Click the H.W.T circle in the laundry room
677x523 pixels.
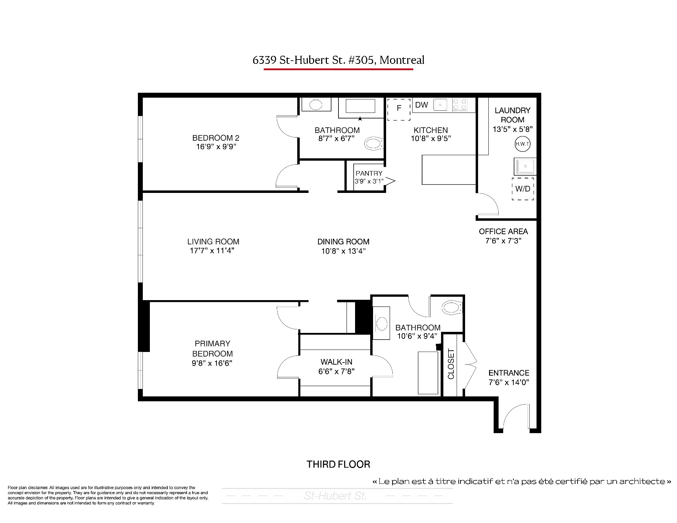tap(523, 144)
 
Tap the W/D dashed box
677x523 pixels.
tap(523, 189)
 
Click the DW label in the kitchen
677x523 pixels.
tap(421, 105)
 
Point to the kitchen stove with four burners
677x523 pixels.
tap(460, 105)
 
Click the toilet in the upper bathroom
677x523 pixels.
tap(373, 144)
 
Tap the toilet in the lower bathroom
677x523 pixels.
tap(452, 307)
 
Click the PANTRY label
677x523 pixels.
tap(369, 173)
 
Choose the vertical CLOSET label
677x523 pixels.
tap(451, 364)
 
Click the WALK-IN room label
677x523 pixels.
tap(336, 362)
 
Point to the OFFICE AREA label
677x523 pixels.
tap(503, 232)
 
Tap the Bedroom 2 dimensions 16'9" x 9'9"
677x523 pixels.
tap(216, 147)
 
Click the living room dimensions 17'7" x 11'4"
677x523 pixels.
tap(212, 251)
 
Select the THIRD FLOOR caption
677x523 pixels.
tap(338, 464)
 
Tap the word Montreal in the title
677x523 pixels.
tap(402, 60)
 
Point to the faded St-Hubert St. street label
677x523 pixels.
tap(335, 496)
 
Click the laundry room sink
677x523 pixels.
tap(525, 166)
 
